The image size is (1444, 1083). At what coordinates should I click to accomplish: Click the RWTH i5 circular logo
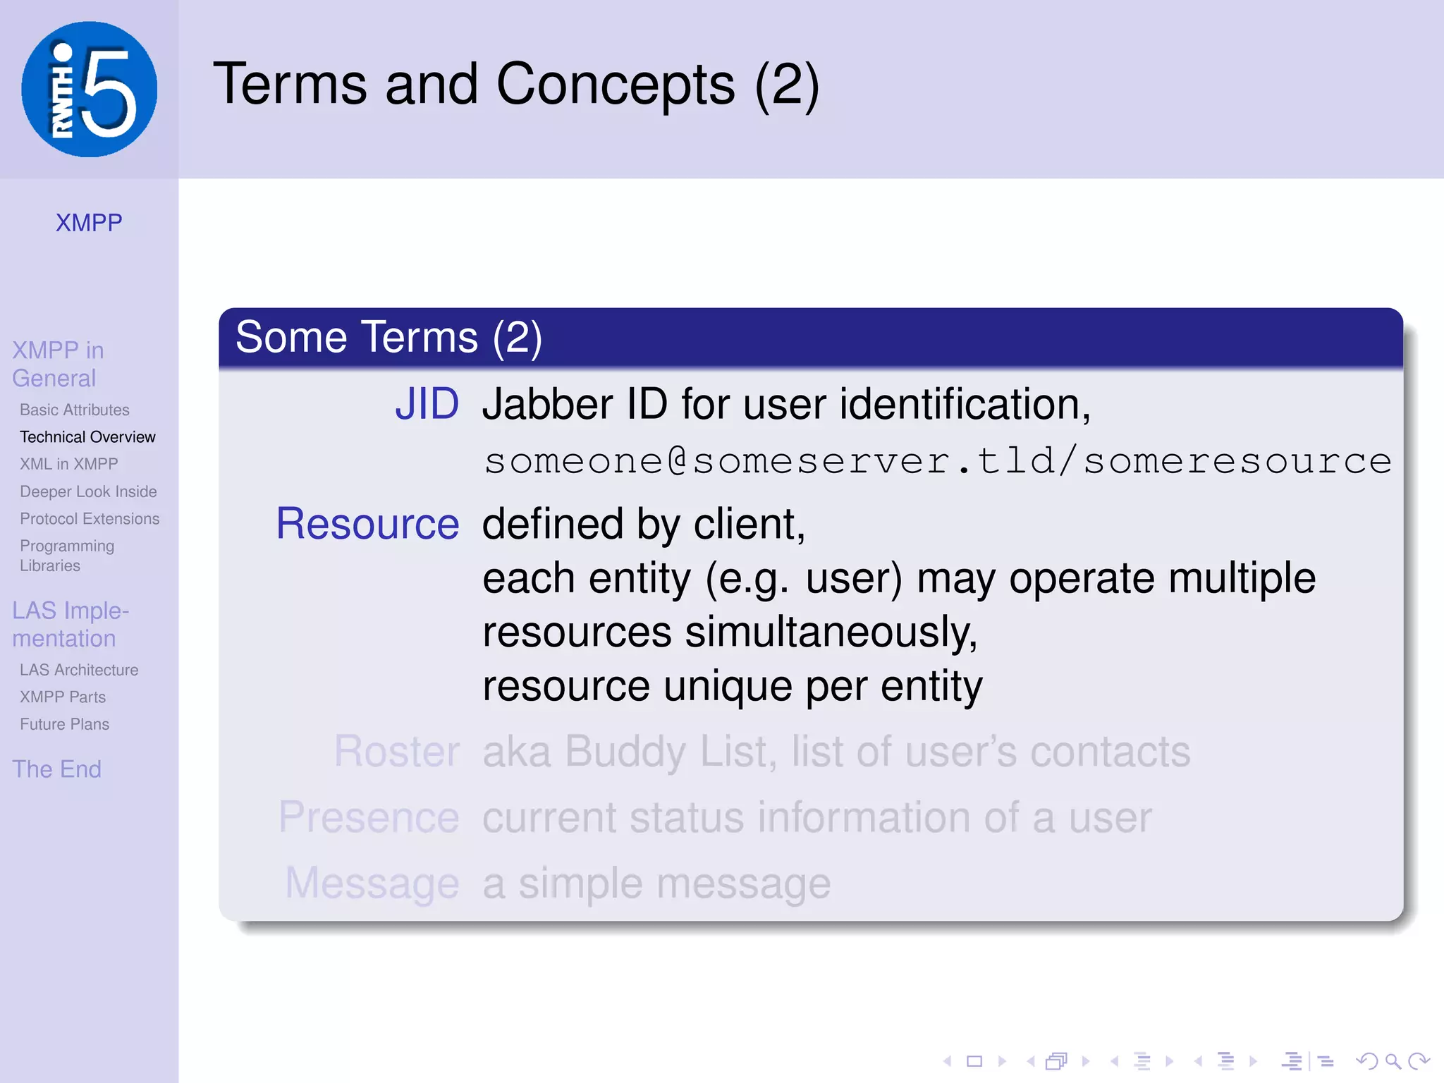(x=89, y=89)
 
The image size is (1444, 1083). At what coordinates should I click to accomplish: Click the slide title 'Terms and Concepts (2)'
(x=515, y=85)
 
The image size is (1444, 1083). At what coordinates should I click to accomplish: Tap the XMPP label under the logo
(x=89, y=223)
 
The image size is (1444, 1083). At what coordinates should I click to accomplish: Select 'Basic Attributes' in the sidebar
(x=75, y=410)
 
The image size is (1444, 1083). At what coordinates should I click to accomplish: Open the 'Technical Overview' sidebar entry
(x=87, y=437)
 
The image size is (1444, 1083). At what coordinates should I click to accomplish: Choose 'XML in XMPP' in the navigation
(x=69, y=464)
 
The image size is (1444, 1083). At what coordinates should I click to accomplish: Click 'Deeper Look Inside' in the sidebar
(x=88, y=491)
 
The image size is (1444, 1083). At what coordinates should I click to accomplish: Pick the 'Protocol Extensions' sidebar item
(x=90, y=519)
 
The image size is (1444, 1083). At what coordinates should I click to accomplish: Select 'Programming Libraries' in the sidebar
(x=67, y=556)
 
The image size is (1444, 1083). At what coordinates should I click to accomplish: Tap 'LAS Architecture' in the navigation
(x=79, y=670)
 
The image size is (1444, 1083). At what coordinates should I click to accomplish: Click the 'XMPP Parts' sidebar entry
(x=63, y=697)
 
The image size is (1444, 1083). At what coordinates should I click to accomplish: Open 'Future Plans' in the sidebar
(x=64, y=724)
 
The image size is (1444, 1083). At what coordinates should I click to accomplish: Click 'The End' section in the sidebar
(x=57, y=769)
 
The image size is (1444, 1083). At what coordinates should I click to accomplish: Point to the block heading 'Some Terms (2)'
(x=388, y=337)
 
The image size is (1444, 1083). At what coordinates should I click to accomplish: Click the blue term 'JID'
(x=427, y=404)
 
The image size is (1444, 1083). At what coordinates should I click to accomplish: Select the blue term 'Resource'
(x=367, y=524)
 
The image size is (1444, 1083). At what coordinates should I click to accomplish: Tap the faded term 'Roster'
(x=397, y=751)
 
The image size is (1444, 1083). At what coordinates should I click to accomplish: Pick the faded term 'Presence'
(x=369, y=817)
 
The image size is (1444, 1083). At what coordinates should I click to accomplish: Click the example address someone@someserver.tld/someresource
(x=938, y=461)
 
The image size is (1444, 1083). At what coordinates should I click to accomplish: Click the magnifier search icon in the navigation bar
(x=1392, y=1061)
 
